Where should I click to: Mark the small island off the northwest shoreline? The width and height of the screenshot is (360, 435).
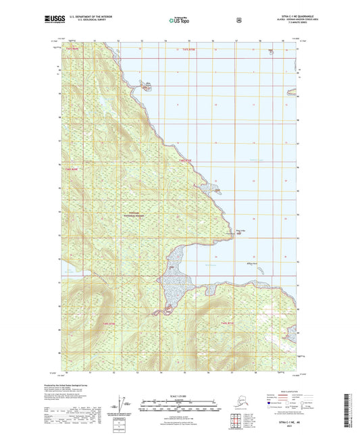pos(145,86)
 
